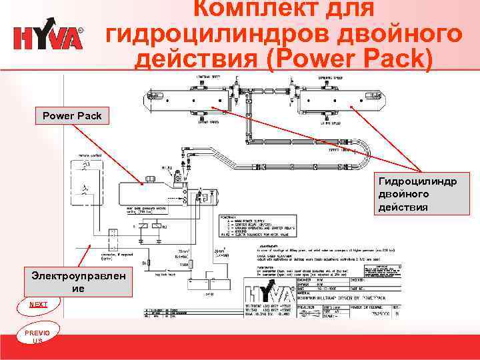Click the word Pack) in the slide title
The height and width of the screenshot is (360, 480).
[393, 59]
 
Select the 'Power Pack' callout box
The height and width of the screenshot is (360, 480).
[72, 116]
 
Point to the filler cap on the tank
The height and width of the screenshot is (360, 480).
[150, 179]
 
